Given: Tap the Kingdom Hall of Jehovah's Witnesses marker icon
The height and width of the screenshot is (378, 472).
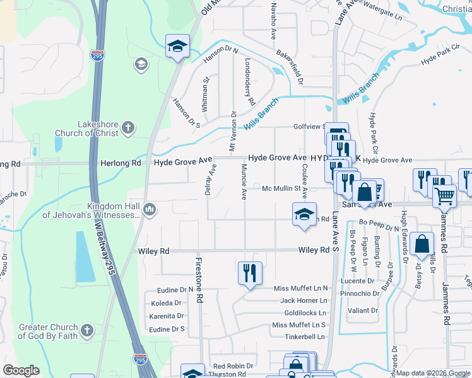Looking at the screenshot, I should click(150, 210).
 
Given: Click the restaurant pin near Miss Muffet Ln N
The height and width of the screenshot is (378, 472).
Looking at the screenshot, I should click(250, 273).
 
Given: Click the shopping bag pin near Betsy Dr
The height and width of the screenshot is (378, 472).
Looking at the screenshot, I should click(421, 245).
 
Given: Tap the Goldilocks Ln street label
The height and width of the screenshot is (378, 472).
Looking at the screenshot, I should click(305, 312).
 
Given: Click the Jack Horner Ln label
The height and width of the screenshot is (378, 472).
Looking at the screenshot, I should click(304, 301).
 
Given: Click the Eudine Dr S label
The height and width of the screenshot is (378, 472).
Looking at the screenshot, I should click(167, 329).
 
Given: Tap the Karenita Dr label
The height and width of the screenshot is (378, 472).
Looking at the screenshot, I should click(167, 316).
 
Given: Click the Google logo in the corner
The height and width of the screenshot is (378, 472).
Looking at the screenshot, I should click(21, 370).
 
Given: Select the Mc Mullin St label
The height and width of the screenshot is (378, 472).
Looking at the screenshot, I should click(283, 188).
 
